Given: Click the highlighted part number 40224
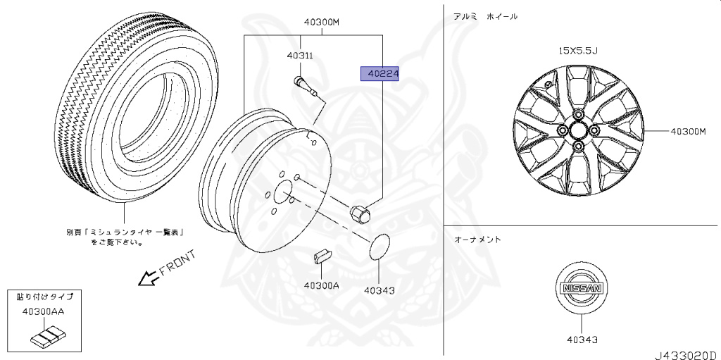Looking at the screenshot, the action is coord(380,74).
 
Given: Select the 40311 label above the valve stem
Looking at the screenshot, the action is coord(300,56).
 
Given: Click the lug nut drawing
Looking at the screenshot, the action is coord(360,213).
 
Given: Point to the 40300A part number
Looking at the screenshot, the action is coord(321,285).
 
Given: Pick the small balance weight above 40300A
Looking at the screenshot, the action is coord(323,256).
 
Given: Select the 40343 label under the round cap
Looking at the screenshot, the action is coord(380,290).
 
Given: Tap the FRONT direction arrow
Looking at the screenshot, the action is coord(149,278).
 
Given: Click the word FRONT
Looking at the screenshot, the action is coord(178,263).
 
